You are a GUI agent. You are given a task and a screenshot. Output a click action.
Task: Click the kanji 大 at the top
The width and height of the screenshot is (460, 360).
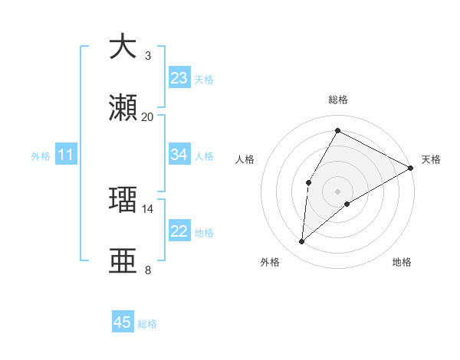tap(123, 47)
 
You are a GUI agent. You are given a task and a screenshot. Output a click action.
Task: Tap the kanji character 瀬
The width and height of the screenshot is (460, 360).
tap(123, 110)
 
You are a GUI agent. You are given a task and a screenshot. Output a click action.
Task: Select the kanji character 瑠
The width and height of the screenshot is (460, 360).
tap(123, 199)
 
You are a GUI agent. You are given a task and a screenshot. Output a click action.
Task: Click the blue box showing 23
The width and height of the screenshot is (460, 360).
tap(179, 78)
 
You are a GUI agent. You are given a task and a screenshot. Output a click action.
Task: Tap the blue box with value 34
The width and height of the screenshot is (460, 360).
tap(179, 155)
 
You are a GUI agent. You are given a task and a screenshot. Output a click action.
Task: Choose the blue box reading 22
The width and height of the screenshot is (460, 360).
tap(179, 231)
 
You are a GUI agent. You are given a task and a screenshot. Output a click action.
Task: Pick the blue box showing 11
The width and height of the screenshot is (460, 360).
tap(66, 155)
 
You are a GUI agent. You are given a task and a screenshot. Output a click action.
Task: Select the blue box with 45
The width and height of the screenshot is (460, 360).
tap(123, 322)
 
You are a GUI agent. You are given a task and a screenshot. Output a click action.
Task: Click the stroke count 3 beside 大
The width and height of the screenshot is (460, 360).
tap(148, 56)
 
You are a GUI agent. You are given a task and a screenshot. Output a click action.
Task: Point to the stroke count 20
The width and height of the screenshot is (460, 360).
tap(148, 117)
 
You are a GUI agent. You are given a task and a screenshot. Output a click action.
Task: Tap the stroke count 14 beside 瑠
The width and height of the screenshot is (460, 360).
tap(148, 208)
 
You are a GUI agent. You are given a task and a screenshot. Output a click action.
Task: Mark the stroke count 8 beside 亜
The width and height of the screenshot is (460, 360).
tap(148, 270)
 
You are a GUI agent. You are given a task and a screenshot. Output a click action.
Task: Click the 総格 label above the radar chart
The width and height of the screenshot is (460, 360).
tap(338, 100)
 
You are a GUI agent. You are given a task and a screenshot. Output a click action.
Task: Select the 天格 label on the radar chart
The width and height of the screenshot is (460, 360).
tap(431, 160)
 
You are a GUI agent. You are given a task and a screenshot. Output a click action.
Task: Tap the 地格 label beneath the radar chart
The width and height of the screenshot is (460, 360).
tap(402, 262)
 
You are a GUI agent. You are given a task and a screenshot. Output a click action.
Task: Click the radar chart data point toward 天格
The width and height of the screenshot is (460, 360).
tap(411, 168)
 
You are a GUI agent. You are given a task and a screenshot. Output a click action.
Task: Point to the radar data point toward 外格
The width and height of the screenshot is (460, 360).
tap(302, 242)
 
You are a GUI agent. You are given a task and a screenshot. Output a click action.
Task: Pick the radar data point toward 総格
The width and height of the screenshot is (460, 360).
tap(337, 131)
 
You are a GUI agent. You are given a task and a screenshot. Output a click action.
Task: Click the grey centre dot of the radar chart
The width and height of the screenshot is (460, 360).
tap(337, 191)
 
